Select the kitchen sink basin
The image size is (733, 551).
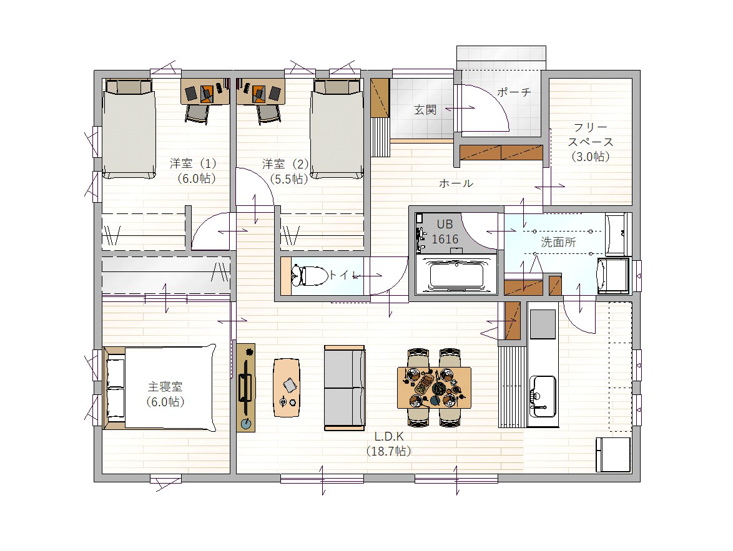pyautogui.click(x=543, y=396)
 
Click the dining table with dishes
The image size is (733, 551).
pyautogui.click(x=435, y=388)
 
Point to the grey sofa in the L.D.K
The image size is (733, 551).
pyautogui.click(x=345, y=388)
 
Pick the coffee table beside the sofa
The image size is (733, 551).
pyautogui.click(x=287, y=388)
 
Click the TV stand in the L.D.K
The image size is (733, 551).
pyautogui.click(x=246, y=388)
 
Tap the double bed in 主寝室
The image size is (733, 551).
pyautogui.click(x=159, y=388)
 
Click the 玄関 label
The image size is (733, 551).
pyautogui.click(x=425, y=110)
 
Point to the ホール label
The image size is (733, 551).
pyautogui.click(x=456, y=183)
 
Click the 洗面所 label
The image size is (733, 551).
pyautogui.click(x=558, y=242)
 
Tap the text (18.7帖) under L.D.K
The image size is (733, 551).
pyautogui.click(x=389, y=451)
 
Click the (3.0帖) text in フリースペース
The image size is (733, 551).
pyautogui.click(x=591, y=157)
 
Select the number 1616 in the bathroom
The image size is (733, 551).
pyautogui.click(x=445, y=239)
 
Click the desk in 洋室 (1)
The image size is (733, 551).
pyautogui.click(x=205, y=91)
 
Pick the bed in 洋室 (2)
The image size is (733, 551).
pyautogui.click(x=337, y=129)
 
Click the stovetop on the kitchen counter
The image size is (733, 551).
pyautogui.click(x=543, y=324)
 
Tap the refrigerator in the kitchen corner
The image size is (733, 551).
pyautogui.click(x=613, y=455)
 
